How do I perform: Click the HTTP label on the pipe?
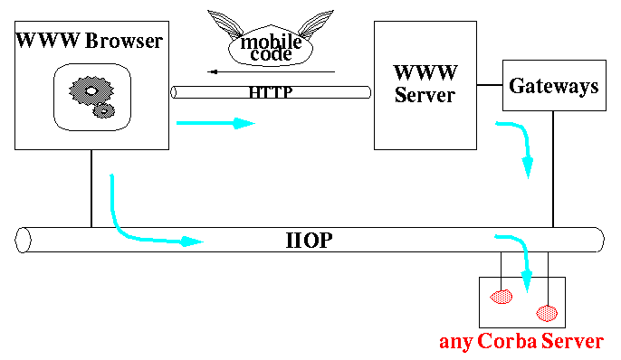(270, 92)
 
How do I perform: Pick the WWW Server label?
(425, 83)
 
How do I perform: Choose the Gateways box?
(553, 87)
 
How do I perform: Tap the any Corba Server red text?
(521, 343)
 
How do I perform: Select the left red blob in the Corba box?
(501, 296)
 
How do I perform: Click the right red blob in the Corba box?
(547, 313)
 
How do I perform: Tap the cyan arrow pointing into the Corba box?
(521, 258)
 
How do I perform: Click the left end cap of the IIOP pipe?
(24, 241)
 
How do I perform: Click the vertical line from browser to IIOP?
(91, 187)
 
